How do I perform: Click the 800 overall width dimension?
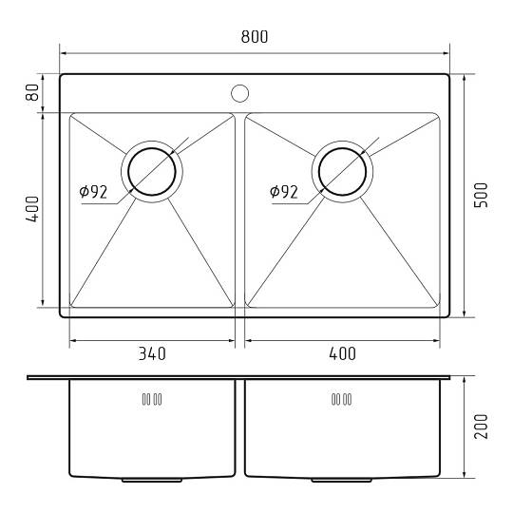point(255,37)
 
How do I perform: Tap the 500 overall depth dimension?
point(481,195)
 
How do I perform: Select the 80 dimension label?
point(32,92)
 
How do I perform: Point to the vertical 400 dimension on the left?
point(32,209)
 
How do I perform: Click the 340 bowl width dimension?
point(152,353)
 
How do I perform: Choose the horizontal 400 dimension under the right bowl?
point(342,353)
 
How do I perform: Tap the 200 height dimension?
point(481,427)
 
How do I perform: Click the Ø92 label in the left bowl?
point(93,192)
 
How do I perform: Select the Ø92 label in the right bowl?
point(284,192)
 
